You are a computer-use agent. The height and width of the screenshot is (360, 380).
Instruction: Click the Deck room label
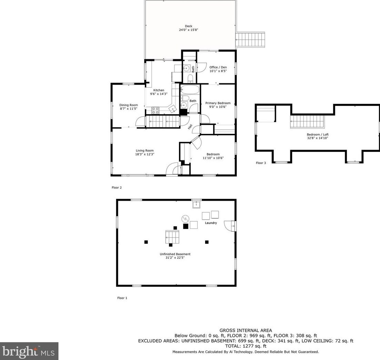pos(188,26)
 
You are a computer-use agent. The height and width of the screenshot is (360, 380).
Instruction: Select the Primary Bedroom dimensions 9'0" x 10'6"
pos(218,107)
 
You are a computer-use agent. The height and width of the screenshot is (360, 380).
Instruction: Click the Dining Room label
pos(128,105)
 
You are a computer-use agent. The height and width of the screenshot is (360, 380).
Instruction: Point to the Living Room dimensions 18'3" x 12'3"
pos(145,154)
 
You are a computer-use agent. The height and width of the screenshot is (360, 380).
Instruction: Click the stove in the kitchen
pos(155,110)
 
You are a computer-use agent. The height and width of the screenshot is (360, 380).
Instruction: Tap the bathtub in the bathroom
pos(190,90)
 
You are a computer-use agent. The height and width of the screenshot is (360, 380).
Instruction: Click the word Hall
pos(190,127)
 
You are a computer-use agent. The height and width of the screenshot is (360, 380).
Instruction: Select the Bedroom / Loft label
pos(317,135)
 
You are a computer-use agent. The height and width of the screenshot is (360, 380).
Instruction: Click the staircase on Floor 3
pos(307,122)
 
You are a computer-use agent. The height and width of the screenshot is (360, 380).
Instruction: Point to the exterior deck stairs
pos(250,40)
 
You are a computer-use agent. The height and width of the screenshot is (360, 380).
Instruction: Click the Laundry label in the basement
pos(211,223)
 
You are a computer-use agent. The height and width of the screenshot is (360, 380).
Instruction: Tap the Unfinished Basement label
pos(175,254)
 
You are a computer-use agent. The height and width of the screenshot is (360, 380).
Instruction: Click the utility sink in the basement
pos(197,205)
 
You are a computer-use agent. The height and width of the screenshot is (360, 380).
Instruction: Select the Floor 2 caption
pos(117,188)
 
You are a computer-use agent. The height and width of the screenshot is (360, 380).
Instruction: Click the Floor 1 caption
pos(122,298)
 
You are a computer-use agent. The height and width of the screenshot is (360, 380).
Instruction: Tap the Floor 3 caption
pos(261,163)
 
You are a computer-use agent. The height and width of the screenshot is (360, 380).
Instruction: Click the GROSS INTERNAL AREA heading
pos(245,330)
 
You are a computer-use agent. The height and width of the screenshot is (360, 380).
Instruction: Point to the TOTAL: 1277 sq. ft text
pos(245,346)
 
